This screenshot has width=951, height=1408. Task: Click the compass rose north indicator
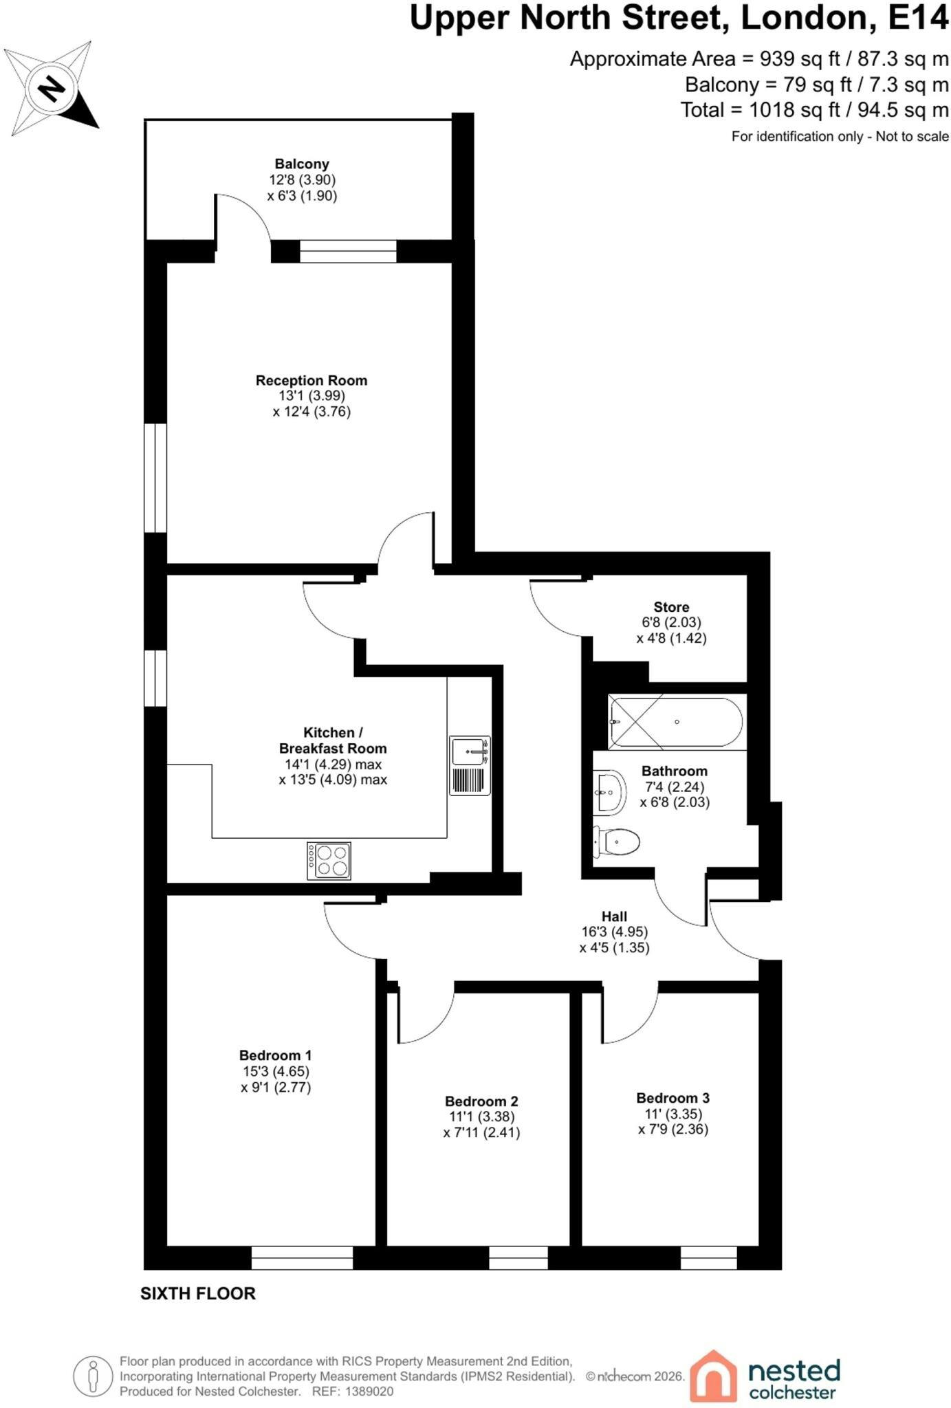[x=52, y=88]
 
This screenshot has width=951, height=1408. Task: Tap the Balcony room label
[x=302, y=164]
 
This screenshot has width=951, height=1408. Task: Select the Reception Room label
[x=311, y=380]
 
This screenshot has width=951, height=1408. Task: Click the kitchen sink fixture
[x=470, y=765]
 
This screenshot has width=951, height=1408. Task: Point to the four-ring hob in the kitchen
[x=329, y=861]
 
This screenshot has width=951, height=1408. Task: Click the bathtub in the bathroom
[x=676, y=722]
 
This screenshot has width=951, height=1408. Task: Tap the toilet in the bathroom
[x=616, y=841]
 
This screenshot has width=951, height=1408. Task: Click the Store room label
[x=671, y=607]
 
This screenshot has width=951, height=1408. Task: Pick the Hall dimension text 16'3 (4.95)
[x=614, y=932]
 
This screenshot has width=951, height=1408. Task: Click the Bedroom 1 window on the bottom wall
[x=302, y=1257]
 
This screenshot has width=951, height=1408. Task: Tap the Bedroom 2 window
[x=518, y=1257]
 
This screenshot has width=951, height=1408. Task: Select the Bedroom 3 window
[x=709, y=1257]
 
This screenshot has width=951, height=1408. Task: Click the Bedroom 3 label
[x=673, y=1098]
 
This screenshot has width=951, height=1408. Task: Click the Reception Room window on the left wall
[x=155, y=477]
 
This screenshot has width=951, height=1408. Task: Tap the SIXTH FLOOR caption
[x=198, y=1293]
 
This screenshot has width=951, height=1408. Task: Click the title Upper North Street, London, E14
[x=679, y=18]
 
